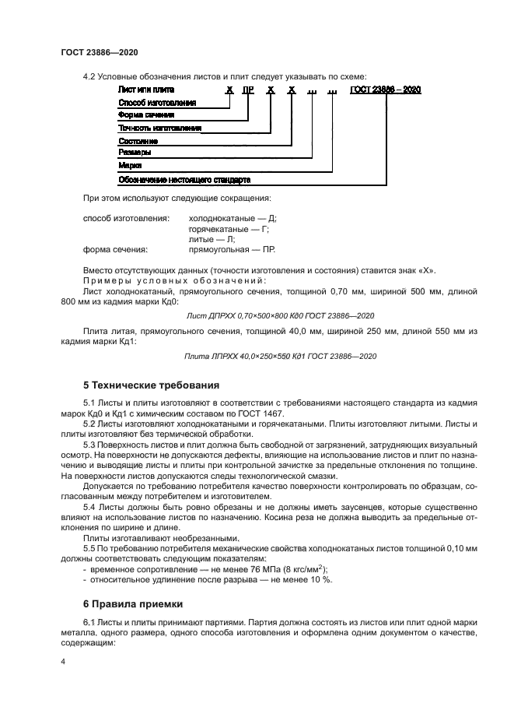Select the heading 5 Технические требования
click(151, 385)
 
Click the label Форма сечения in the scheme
click(145, 115)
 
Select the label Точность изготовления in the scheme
click(160, 128)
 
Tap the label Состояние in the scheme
click(138, 141)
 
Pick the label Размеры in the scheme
click(135, 153)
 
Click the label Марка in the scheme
click(129, 166)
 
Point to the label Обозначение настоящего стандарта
click(184, 179)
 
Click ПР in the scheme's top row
click(248, 90)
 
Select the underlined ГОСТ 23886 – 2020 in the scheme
click(386, 90)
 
